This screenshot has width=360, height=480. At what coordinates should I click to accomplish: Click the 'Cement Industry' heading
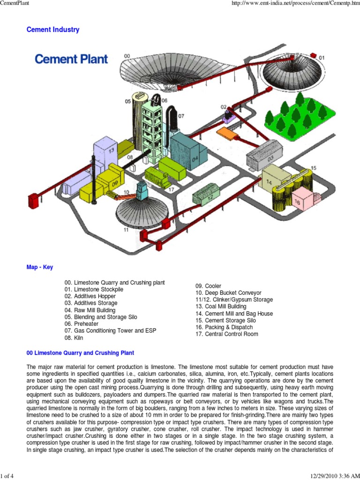point(53,30)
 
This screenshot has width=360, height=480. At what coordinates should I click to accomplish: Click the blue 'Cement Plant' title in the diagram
point(72,60)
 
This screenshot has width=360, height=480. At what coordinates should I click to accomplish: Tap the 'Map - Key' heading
point(40,267)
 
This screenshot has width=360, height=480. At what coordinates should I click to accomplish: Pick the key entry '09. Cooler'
point(209,286)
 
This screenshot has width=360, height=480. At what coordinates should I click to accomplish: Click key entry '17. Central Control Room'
point(227,334)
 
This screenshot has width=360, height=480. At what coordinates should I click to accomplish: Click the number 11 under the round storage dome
point(126,230)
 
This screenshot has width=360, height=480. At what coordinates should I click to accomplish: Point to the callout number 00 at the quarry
point(127,56)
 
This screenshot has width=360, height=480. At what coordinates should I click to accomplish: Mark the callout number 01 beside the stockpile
point(321,58)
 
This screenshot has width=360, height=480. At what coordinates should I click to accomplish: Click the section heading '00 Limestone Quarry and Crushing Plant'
point(81,352)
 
